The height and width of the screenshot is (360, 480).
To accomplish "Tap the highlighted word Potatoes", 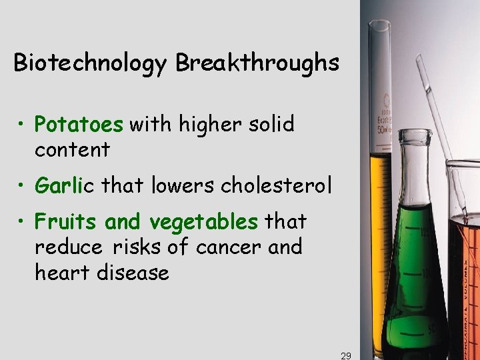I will click(79, 125).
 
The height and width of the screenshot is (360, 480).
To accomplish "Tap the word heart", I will click(61, 272).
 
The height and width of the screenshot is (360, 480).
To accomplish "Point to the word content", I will click(72, 150).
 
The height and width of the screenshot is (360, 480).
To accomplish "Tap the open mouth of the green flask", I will click(417, 136).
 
